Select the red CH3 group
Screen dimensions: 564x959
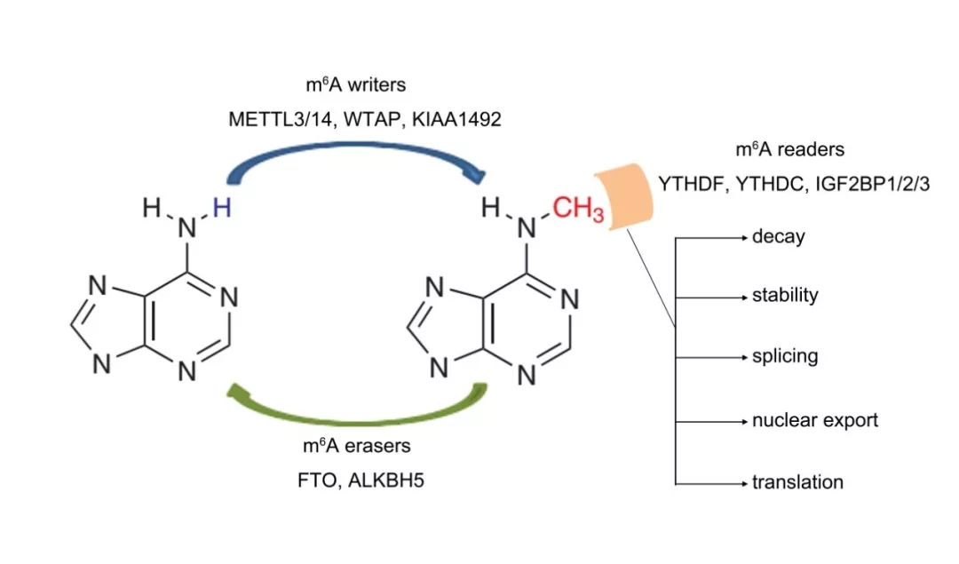577,211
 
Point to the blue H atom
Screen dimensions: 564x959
221,210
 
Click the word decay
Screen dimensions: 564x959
779,237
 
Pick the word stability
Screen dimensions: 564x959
785,296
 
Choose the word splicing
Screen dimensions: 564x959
785,357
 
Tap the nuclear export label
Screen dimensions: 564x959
815,420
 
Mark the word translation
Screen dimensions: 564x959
797,482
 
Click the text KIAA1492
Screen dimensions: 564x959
458,118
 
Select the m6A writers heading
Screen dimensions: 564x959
354,86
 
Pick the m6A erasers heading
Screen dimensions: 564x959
354,447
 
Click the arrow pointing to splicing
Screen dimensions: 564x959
714,357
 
